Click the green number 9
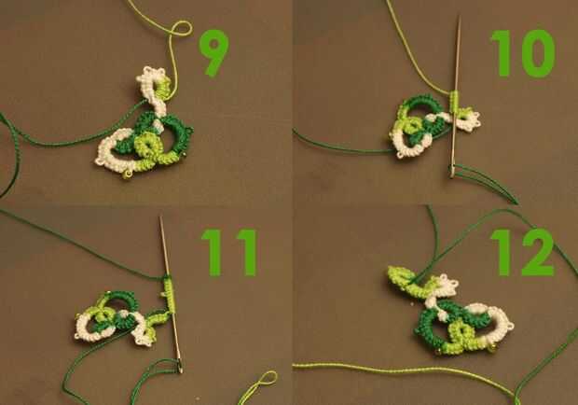(214, 52)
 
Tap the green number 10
(523, 53)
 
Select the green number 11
(229, 253)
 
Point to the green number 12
(523, 252)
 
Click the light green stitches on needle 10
(455, 102)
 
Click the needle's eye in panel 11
(180, 366)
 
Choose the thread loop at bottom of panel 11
(266, 378)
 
